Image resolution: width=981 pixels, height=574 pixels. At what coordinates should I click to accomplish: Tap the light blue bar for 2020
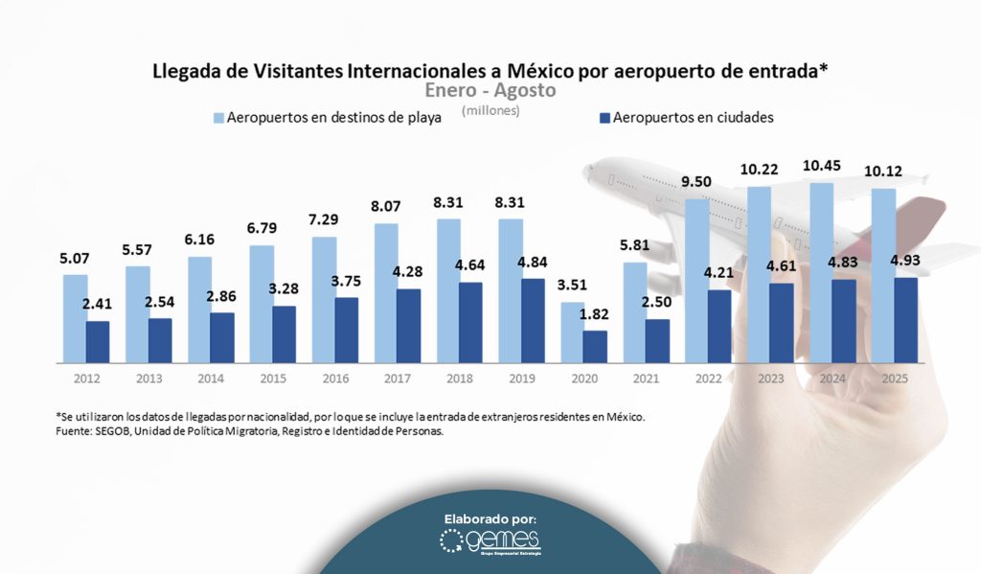(572, 333)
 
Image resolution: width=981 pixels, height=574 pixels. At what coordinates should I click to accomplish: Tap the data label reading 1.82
(596, 314)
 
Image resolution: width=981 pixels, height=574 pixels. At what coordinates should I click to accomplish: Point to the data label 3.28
(284, 289)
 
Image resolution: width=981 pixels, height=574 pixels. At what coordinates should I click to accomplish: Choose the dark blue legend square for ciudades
(604, 118)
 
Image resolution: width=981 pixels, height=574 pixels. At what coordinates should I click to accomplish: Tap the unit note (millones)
(490, 110)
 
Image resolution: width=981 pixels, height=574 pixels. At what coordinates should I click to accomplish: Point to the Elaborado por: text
(490, 518)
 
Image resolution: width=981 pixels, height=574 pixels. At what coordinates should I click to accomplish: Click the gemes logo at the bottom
(490, 542)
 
